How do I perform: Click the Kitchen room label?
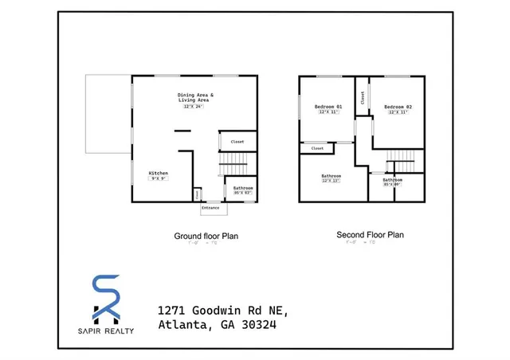pos(159,173)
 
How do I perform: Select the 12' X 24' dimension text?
pos(194,107)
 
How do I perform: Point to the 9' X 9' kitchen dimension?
pos(159,179)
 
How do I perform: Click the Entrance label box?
pos(211,208)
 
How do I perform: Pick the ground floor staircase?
pos(235,166)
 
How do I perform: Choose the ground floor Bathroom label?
pos(242,188)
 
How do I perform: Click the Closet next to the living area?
pos(237,142)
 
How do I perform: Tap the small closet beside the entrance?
pos(197,194)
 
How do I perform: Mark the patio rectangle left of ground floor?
pos(108,114)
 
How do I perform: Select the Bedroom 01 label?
pos(328,107)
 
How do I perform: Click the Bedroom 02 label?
pos(397,107)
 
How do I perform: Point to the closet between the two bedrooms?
pos(363,97)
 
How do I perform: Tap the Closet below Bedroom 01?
pos(317,148)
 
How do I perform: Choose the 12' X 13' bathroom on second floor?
pos(331,178)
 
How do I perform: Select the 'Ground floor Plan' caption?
pos(206,236)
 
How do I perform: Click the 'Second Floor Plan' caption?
pos(370,235)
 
